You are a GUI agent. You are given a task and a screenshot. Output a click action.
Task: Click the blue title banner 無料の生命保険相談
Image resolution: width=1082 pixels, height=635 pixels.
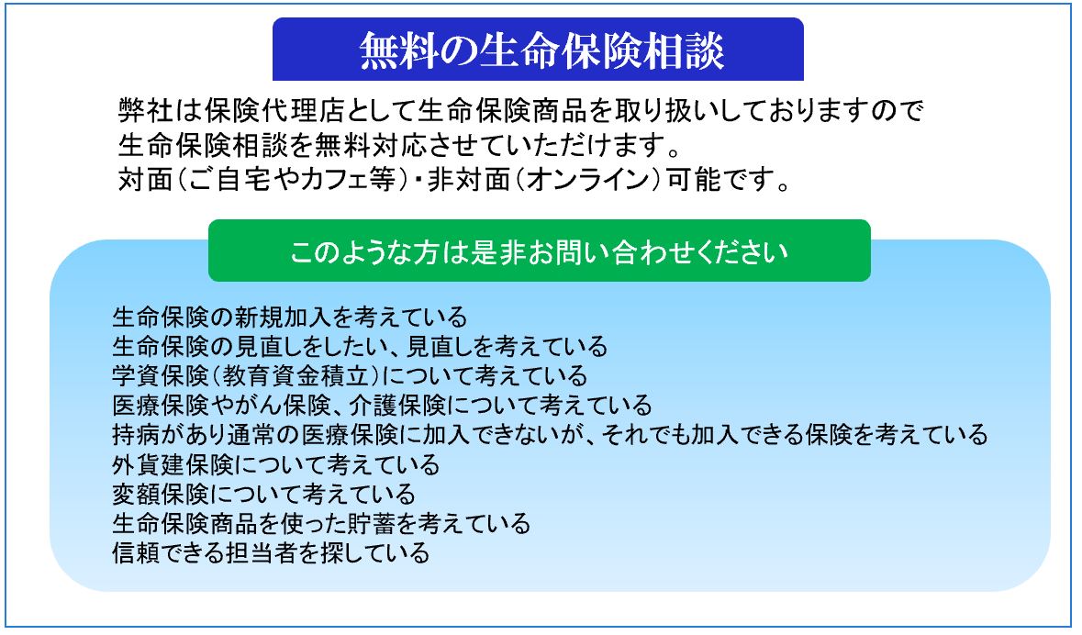coord(538,49)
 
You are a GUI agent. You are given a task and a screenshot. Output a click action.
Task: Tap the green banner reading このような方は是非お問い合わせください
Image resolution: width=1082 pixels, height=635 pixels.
coord(539,251)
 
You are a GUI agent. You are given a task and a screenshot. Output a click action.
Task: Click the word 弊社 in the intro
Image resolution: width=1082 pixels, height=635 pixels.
coord(146,110)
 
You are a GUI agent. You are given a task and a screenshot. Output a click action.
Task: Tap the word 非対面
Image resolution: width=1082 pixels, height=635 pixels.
coord(469,180)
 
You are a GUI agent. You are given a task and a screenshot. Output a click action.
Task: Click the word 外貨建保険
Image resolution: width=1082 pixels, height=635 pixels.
coord(173,464)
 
